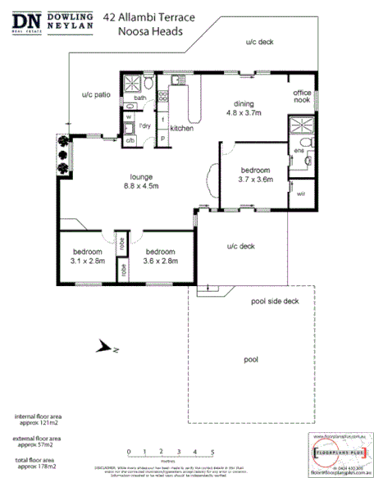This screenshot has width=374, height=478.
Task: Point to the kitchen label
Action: point(181,129)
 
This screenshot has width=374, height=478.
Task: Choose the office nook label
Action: point(303,98)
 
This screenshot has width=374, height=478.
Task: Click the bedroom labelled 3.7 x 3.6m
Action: point(254,174)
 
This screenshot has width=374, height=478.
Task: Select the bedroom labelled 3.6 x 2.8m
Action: point(161,256)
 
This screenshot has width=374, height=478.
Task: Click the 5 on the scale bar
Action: point(213,452)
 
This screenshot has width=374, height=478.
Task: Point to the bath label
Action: point(140,98)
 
